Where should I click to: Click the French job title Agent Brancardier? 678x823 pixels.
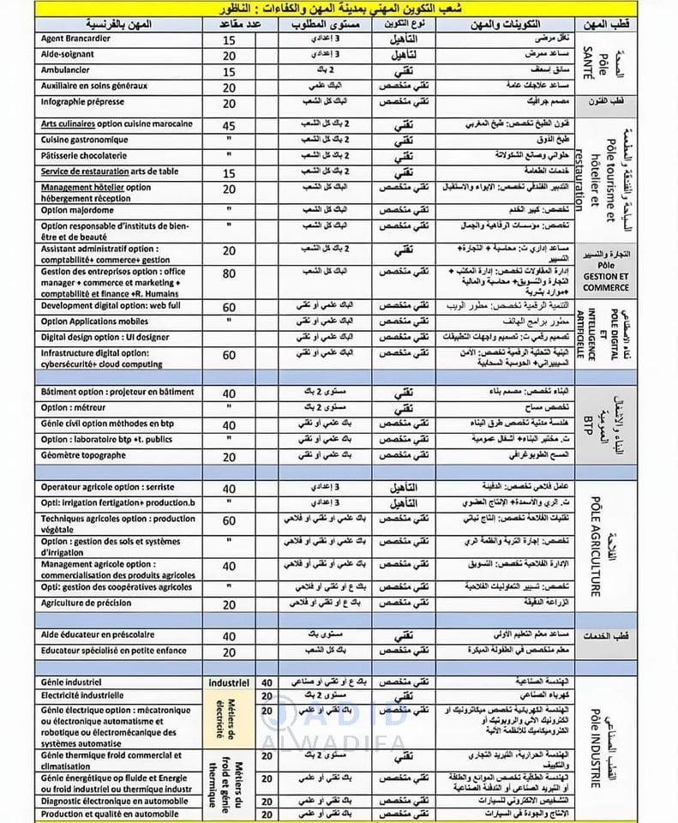click(79, 39)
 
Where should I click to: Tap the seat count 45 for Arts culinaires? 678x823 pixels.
click(229, 125)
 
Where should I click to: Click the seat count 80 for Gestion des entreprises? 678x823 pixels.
click(229, 274)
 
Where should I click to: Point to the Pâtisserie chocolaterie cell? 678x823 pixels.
click(84, 156)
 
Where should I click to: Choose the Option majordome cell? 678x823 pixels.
click(78, 209)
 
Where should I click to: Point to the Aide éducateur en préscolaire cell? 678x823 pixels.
click(98, 634)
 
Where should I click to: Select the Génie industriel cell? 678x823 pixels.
click(72, 682)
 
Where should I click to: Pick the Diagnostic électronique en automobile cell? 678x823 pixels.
click(114, 801)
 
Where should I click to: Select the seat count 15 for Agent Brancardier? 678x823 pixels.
click(229, 40)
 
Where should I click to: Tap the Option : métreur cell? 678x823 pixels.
click(75, 408)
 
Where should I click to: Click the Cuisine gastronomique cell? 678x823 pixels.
click(84, 140)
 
